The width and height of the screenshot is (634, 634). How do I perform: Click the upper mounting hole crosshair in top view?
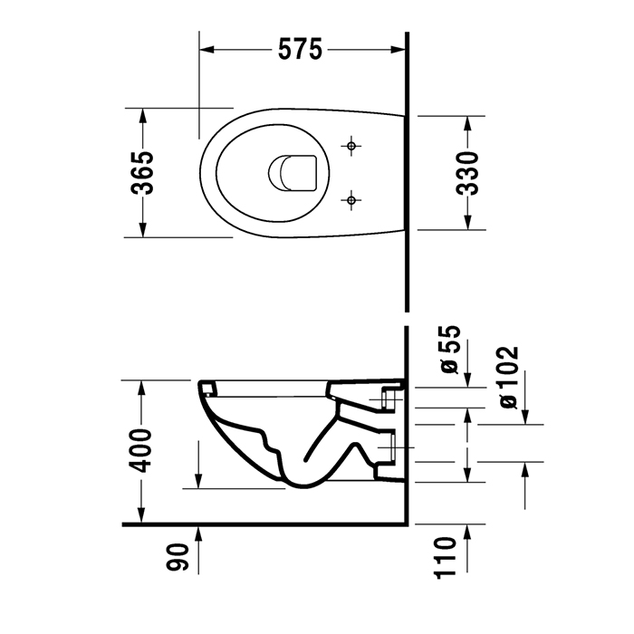coord(351,145)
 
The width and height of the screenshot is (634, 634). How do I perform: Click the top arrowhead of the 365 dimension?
coord(142,112)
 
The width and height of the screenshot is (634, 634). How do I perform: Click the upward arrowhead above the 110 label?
coord(467,532)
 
